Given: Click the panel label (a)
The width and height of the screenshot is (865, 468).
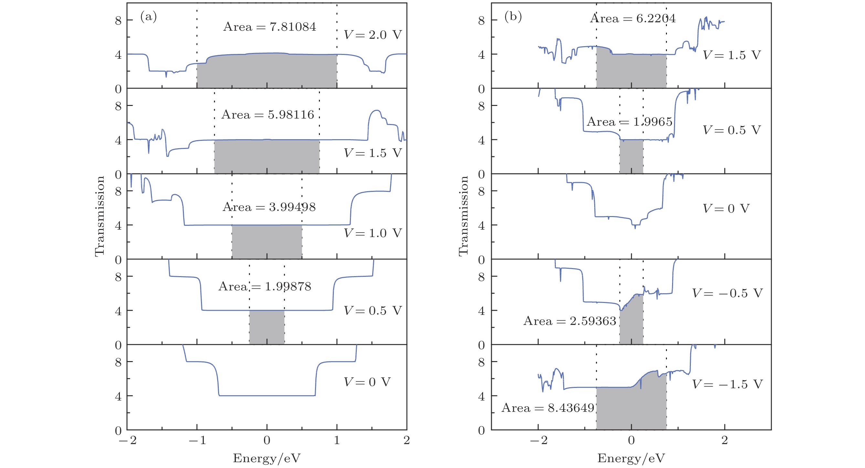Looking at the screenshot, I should point(148,16).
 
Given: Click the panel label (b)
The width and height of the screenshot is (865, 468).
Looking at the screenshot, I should point(513,16).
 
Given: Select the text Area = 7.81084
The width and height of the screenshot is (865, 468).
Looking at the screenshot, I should point(269,26).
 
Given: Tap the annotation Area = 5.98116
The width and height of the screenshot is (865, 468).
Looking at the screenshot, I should point(268,114).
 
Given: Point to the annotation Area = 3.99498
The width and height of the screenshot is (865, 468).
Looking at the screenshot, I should point(269,207).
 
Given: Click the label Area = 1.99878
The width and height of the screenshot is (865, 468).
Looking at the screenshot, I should point(265,286).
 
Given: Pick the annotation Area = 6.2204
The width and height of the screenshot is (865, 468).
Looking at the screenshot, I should point(633,18).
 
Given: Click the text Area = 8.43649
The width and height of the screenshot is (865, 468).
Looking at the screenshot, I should point(548,408).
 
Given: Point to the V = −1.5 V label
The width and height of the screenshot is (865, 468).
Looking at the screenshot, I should point(727,384).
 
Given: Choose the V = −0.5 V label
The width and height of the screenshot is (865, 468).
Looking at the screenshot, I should point(727,293).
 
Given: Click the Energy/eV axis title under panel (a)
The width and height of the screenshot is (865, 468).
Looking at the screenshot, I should point(267,458).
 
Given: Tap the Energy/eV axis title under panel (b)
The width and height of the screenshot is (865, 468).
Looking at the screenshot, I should point(631,458).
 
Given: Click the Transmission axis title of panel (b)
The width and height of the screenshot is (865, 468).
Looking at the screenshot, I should point(463,216).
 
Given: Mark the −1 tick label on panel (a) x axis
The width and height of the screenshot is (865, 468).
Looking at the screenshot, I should point(197,440).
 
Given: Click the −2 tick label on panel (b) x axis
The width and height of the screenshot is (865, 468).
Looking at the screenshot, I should point(538,440).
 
